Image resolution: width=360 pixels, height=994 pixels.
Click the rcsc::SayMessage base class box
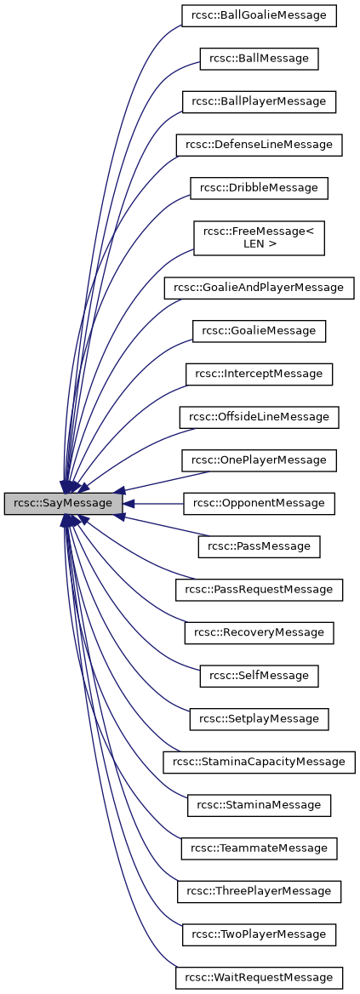(x=64, y=504)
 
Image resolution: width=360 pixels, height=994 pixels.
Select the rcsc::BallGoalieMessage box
(x=259, y=15)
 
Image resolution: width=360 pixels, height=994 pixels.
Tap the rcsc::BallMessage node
(x=259, y=59)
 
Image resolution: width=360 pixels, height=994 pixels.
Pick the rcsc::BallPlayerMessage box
(x=259, y=101)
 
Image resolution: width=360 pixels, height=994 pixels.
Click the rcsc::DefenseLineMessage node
(x=259, y=145)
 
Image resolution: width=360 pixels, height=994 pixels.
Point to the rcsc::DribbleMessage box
(x=259, y=187)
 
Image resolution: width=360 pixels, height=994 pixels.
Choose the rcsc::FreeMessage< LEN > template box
(x=259, y=237)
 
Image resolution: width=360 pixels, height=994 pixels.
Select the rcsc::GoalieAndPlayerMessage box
(x=259, y=288)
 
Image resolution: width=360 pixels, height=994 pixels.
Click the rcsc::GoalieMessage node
(x=259, y=330)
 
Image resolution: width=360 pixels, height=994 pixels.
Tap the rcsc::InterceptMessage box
(x=259, y=374)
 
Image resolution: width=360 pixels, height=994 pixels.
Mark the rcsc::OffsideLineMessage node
(x=259, y=417)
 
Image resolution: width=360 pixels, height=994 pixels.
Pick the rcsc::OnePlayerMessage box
(x=259, y=460)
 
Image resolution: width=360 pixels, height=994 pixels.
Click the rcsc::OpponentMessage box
(x=259, y=503)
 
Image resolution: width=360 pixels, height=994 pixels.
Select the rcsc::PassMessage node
(x=259, y=546)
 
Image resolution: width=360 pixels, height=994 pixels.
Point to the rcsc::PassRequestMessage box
(x=259, y=589)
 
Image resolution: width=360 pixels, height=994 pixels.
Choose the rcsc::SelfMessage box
(x=259, y=676)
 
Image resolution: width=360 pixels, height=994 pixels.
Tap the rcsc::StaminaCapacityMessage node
(x=259, y=762)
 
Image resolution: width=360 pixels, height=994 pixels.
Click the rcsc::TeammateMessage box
(x=259, y=848)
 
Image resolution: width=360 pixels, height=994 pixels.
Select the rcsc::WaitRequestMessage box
(x=259, y=977)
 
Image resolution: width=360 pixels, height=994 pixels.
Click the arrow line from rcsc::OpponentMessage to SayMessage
(x=157, y=504)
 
